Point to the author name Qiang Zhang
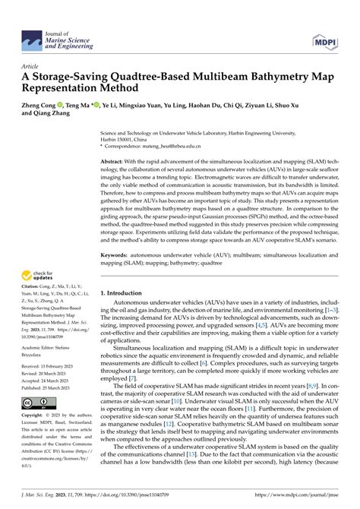coord(63,119)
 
